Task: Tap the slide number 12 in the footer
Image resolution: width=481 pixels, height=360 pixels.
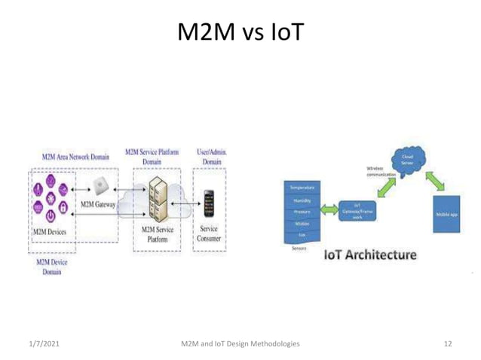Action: (448, 343)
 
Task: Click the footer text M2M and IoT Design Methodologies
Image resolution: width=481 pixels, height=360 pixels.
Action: (240, 343)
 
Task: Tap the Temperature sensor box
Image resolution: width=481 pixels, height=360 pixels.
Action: (301, 186)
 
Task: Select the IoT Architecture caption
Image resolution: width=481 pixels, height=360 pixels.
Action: (369, 256)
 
